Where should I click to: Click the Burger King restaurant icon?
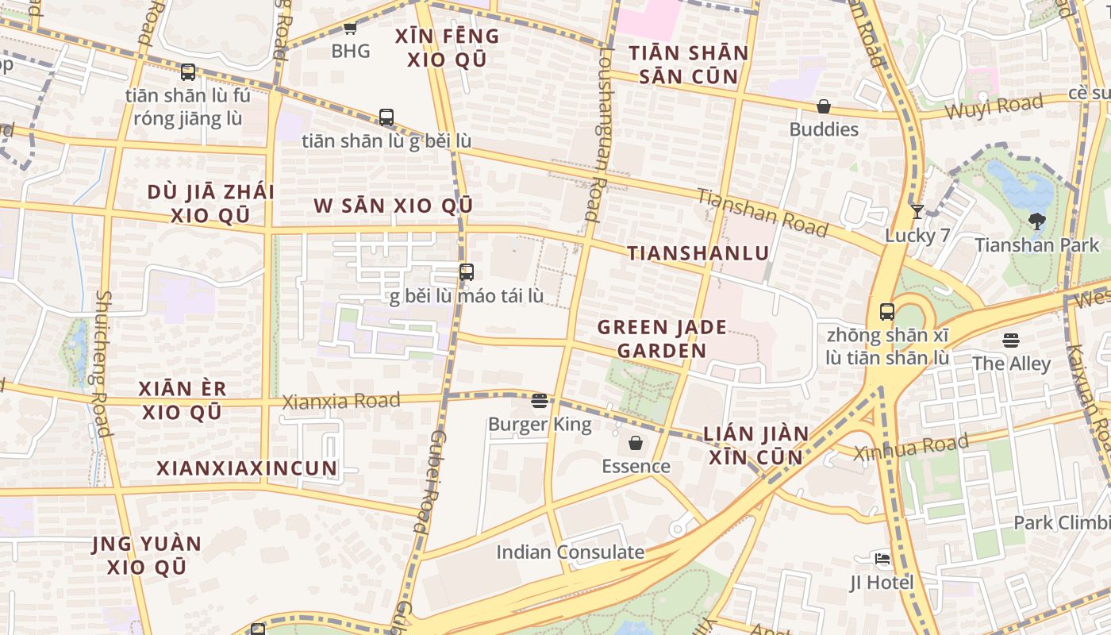point(540,401)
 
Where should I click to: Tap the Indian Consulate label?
point(570,552)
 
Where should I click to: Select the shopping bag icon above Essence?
point(636,443)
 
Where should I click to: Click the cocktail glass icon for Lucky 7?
point(917,211)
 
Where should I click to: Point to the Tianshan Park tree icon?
point(1036,221)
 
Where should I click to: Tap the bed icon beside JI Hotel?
point(882,559)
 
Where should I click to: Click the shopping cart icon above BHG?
point(350,29)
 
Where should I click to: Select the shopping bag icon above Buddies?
point(824,106)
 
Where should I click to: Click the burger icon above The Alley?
point(1010,341)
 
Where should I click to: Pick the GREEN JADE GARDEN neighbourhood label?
point(652,339)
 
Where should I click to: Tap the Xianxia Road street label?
point(341,402)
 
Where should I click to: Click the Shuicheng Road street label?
point(101,363)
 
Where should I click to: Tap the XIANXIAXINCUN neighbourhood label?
point(247,468)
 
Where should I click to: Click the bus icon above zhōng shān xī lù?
point(886,312)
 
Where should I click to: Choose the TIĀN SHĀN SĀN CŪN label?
point(689,65)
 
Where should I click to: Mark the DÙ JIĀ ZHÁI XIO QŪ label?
point(211,204)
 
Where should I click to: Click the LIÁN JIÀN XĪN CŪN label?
point(755,445)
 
